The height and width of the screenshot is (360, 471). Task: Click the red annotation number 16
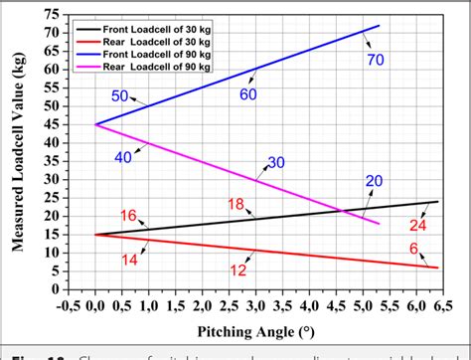tap(128, 216)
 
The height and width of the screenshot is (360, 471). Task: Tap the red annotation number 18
tap(235, 204)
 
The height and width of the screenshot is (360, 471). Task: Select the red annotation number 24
tap(421, 225)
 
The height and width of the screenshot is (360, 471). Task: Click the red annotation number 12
tap(238, 270)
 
